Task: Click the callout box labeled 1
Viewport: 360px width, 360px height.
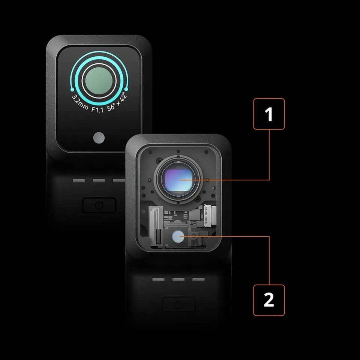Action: point(269,114)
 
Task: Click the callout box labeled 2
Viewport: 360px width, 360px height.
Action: point(269,300)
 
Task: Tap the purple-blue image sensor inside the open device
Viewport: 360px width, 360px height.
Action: point(178,179)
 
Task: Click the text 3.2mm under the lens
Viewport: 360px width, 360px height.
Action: point(79,103)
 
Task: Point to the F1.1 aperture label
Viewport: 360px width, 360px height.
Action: point(97,109)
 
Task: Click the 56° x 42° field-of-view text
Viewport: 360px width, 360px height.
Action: point(117,102)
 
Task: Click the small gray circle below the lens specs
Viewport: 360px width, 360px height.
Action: point(99,138)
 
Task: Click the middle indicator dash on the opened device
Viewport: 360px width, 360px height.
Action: point(178,279)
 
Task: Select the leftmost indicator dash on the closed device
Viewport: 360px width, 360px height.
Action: point(79,180)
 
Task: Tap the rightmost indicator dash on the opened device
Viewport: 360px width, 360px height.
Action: point(198,279)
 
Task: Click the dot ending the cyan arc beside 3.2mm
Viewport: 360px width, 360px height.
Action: point(72,89)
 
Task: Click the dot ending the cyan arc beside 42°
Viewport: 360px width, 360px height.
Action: point(126,89)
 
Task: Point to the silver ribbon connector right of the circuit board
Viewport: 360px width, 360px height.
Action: point(210,215)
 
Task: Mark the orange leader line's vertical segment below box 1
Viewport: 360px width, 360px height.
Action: point(269,155)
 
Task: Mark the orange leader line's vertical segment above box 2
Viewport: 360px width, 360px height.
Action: point(269,260)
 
